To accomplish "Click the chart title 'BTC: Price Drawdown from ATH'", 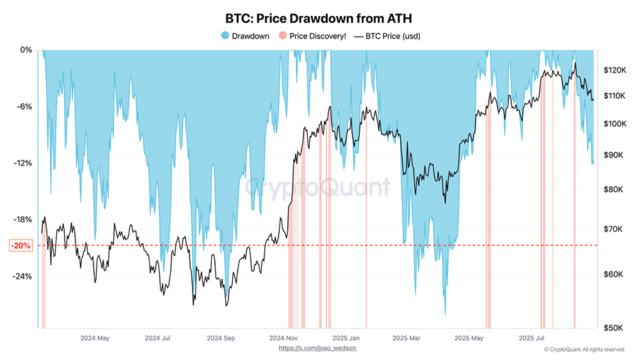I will pyautogui.click(x=319, y=18).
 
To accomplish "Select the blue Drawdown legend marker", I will pyautogui.click(x=225, y=36).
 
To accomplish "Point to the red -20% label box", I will pyautogui.click(x=21, y=245).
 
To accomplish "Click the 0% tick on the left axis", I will pyautogui.click(x=25, y=50).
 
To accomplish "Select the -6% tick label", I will pyautogui.click(x=23, y=106).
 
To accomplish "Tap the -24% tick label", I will pyautogui.click(x=22, y=276).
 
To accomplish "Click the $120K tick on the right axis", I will pyautogui.click(x=615, y=70).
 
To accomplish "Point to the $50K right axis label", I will pyautogui.click(x=613, y=328).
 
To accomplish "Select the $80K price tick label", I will pyautogui.click(x=613, y=189).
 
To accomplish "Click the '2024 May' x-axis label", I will pyautogui.click(x=94, y=338).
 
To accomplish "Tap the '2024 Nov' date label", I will pyautogui.click(x=283, y=338).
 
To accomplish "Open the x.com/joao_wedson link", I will pyautogui.click(x=317, y=348).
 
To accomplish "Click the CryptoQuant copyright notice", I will pyautogui.click(x=583, y=349).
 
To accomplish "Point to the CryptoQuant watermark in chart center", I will pyautogui.click(x=317, y=187).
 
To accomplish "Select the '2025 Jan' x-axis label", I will pyautogui.click(x=346, y=338).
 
